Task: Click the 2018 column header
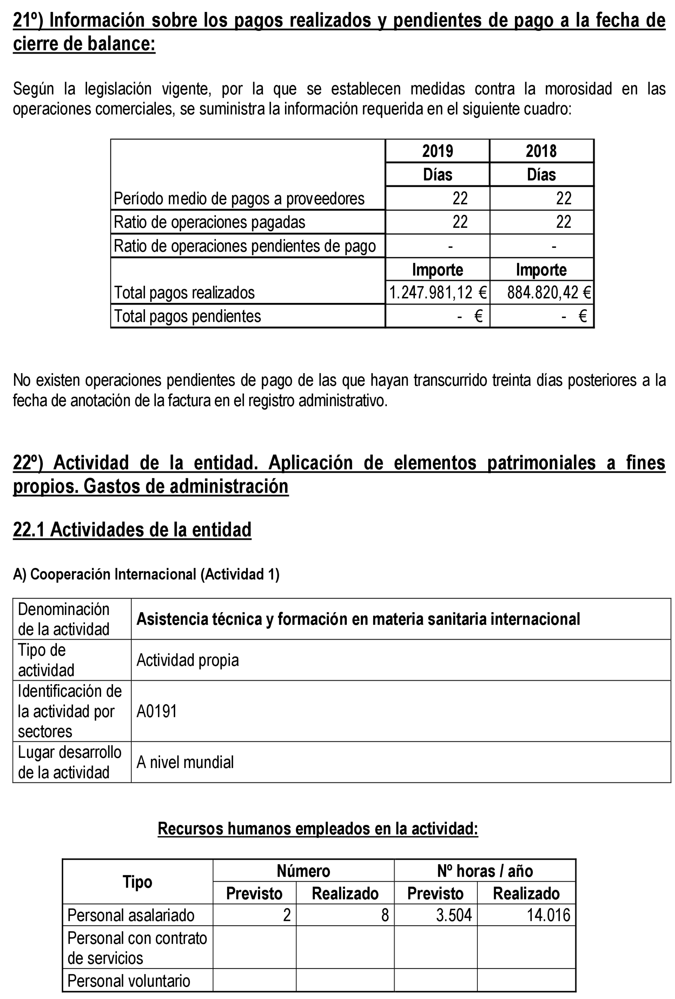[541, 151]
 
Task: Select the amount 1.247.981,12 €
[438, 292]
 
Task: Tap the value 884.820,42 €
[549, 292]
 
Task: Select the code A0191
[157, 711]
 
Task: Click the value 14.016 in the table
[548, 915]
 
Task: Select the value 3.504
[454, 915]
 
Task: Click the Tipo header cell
[137, 882]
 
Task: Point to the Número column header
[303, 871]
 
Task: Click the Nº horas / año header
[485, 871]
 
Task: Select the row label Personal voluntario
[128, 981]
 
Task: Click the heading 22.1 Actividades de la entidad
[132, 530]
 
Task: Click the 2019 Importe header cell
[438, 270]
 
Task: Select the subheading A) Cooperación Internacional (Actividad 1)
[146, 574]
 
